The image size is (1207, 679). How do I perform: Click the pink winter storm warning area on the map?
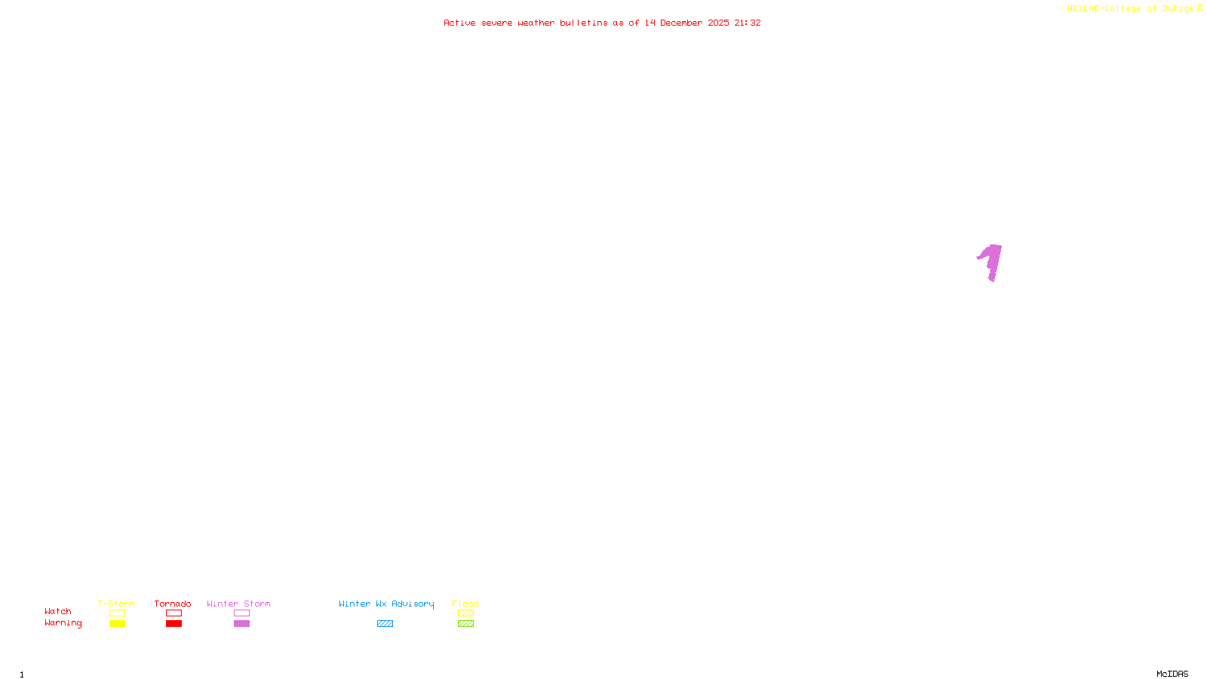[993, 260]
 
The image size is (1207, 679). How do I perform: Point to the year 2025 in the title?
[718, 23]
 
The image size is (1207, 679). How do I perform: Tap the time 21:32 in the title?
[748, 23]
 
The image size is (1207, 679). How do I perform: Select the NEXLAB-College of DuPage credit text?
[1130, 8]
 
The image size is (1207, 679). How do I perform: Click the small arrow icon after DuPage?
[1200, 8]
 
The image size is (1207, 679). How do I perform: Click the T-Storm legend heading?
[116, 604]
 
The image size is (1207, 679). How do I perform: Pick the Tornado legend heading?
[173, 604]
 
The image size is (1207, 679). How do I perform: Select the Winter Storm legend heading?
[238, 604]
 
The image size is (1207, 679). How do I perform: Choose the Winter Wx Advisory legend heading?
[386, 604]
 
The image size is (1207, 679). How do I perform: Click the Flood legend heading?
[465, 604]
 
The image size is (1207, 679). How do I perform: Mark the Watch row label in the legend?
[58, 611]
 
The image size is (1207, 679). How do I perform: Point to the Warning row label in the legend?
[63, 623]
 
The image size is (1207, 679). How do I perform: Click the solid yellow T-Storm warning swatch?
[117, 624]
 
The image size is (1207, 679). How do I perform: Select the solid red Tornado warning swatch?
[174, 624]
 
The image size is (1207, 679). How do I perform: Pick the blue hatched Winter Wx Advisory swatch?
[385, 624]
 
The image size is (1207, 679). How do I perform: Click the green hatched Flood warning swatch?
[465, 624]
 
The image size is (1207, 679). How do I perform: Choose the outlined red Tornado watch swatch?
[174, 613]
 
